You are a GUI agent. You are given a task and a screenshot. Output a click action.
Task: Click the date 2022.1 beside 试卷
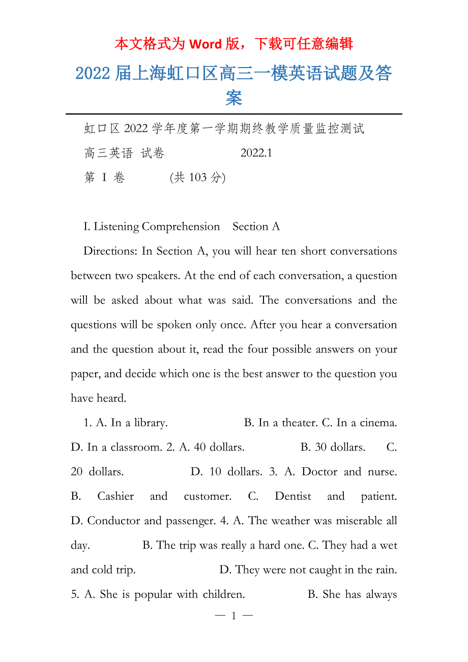256,153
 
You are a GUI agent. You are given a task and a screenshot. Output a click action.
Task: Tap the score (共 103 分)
198,177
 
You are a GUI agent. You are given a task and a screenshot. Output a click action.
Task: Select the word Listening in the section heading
116,227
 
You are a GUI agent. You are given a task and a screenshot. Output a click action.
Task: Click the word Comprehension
181,227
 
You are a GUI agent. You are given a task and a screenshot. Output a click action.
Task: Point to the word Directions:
110,251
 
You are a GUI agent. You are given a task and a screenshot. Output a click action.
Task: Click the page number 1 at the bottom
233,616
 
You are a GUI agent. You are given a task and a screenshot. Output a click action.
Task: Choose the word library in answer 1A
151,423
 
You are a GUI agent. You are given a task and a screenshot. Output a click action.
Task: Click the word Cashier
116,496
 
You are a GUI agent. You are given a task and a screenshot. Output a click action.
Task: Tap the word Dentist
292,496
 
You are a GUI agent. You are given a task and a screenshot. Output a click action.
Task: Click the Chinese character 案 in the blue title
233,98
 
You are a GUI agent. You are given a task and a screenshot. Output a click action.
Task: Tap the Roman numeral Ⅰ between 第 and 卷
104,177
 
